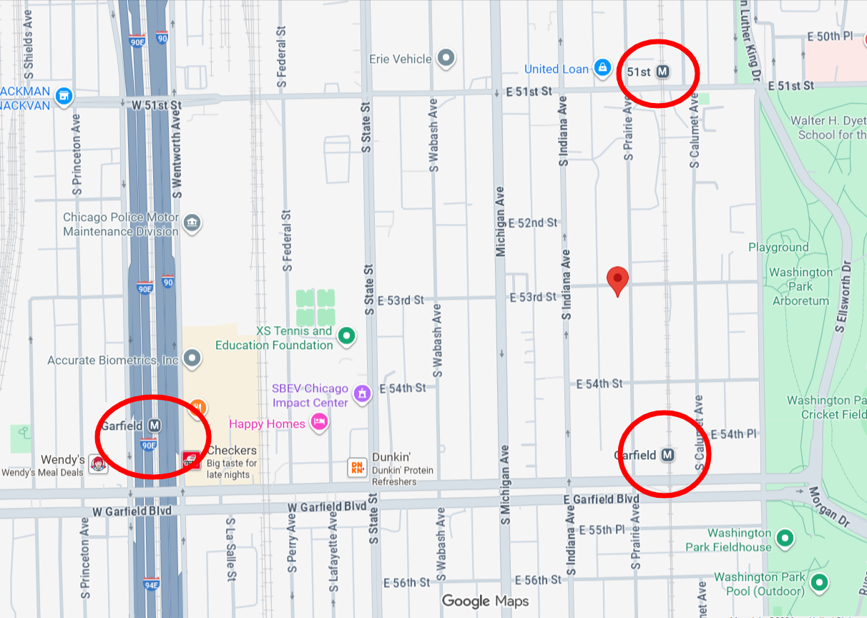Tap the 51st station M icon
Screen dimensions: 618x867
(663, 72)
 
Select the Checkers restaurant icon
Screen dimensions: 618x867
(191, 460)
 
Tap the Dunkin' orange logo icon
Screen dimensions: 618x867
(356, 467)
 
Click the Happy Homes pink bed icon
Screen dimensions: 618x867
(320, 423)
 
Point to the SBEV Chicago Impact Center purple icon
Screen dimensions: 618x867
(363, 393)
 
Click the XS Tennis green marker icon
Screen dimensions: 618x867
(347, 335)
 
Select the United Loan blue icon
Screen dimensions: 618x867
(603, 69)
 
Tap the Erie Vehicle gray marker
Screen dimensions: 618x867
(446, 58)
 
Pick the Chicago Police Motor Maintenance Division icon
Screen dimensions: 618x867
(192, 222)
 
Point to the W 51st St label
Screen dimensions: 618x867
(157, 105)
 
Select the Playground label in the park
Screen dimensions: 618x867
(778, 247)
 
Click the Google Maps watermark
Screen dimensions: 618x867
(484, 601)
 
